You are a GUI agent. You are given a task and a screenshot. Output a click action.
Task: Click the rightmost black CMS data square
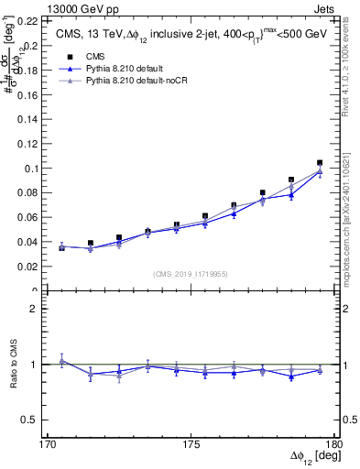coord(320,162)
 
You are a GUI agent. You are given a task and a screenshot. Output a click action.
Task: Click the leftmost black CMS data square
coord(61,247)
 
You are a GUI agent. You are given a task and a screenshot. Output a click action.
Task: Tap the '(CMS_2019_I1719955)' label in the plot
coord(191,272)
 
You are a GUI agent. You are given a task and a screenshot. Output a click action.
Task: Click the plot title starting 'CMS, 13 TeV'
coord(187,34)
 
